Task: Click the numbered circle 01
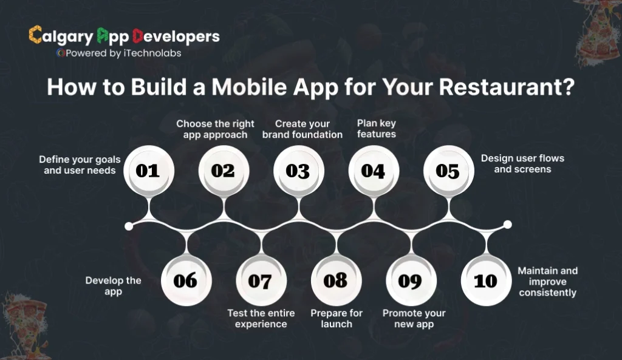pyautogui.click(x=148, y=171)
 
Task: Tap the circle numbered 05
pyautogui.click(x=448, y=171)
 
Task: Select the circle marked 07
pyautogui.click(x=260, y=280)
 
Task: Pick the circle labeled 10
pyautogui.click(x=485, y=280)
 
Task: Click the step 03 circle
pyautogui.click(x=298, y=171)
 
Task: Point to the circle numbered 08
pyautogui.click(x=335, y=280)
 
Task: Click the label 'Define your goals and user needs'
pyautogui.click(x=80, y=165)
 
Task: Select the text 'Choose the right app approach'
pyautogui.click(x=215, y=129)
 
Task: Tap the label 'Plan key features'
pyautogui.click(x=376, y=129)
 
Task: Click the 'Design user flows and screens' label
pyautogui.click(x=522, y=163)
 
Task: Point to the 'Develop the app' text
pyautogui.click(x=114, y=286)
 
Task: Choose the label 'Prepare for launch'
pyautogui.click(x=337, y=319)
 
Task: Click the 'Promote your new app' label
pyautogui.click(x=414, y=319)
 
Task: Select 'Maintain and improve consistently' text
pyautogui.click(x=547, y=282)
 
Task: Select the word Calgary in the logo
pyautogui.click(x=62, y=36)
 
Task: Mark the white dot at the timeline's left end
pyautogui.click(x=129, y=226)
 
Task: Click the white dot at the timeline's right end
pyautogui.click(x=508, y=225)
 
